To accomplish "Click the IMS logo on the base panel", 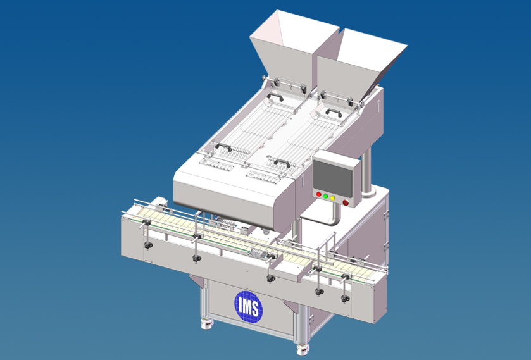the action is pos(249,306).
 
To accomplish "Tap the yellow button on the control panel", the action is pos(332,198).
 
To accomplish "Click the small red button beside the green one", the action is pos(318,194).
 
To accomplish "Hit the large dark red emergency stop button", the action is pos(346,202).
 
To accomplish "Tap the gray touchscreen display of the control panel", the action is pos(332,180).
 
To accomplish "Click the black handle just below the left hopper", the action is pos(275,97).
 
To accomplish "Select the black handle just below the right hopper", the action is pos(334,113).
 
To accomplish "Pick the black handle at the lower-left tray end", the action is pos(223,147).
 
